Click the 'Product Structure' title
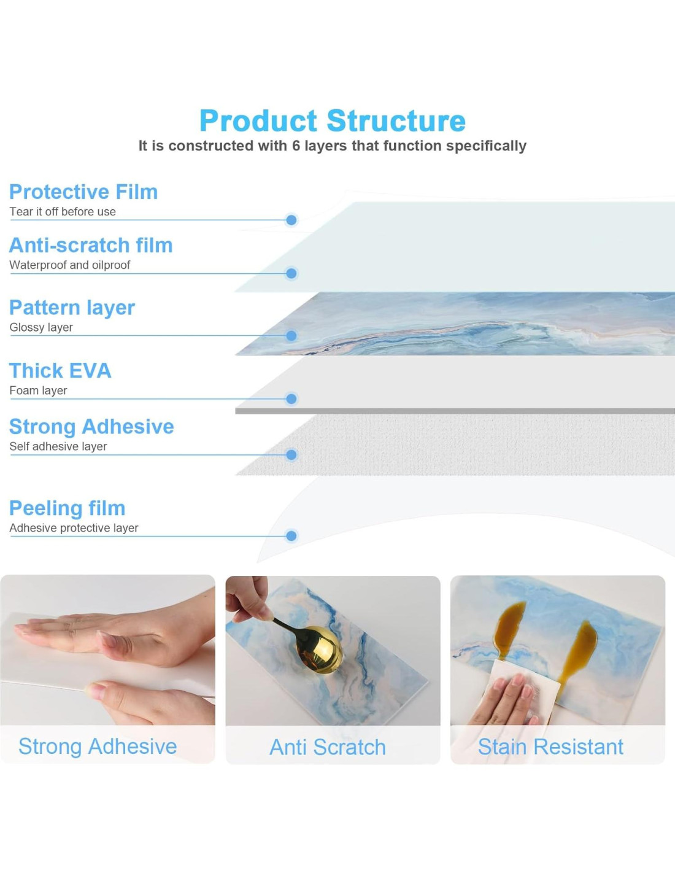(333, 120)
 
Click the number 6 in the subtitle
(296, 145)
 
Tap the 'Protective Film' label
(83, 192)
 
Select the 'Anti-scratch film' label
(91, 245)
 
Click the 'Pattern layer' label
(72, 308)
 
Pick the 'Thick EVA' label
(60, 370)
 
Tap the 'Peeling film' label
(67, 508)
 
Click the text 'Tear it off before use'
(63, 212)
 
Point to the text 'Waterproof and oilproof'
(70, 265)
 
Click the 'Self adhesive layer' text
(58, 446)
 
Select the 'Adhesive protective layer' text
(74, 528)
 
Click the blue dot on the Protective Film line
(291, 220)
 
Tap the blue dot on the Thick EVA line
(291, 399)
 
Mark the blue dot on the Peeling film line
(291, 535)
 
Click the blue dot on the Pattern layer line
(291, 335)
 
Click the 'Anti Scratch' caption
(328, 747)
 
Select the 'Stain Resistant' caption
(550, 747)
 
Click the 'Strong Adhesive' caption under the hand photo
(98, 747)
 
